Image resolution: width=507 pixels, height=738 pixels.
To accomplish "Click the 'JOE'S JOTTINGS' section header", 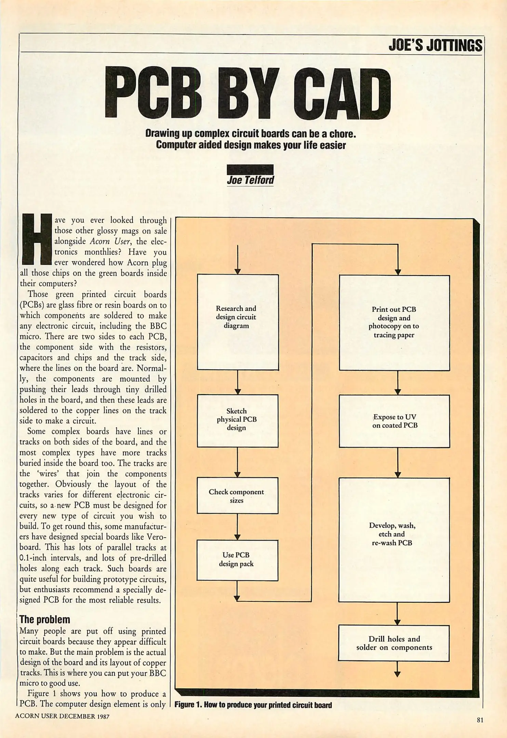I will click(435, 45).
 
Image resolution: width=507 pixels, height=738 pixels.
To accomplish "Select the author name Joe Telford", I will click(250, 180).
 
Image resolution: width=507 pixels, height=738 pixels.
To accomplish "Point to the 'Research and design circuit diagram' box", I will click(238, 322).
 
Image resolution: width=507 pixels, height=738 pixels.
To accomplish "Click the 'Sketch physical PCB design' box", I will click(238, 421).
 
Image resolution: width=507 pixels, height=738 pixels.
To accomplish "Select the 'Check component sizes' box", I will click(237, 495).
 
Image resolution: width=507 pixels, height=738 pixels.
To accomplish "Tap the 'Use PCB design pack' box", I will click(237, 560).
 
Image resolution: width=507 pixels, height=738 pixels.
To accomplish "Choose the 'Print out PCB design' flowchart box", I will click(394, 323).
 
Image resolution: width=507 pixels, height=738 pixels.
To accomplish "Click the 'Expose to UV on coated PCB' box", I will click(394, 421).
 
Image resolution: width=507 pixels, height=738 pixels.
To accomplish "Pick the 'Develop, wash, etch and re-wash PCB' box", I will click(394, 540).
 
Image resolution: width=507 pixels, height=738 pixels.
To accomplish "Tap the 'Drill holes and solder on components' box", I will click(394, 643).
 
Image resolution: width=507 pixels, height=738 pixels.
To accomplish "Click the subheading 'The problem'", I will click(45, 619).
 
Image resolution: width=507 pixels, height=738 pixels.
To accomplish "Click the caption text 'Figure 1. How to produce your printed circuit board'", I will click(253, 705).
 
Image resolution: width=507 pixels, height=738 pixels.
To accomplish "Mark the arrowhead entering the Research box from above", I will click(238, 271).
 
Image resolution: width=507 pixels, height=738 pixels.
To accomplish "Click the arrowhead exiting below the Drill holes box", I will click(397, 674).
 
